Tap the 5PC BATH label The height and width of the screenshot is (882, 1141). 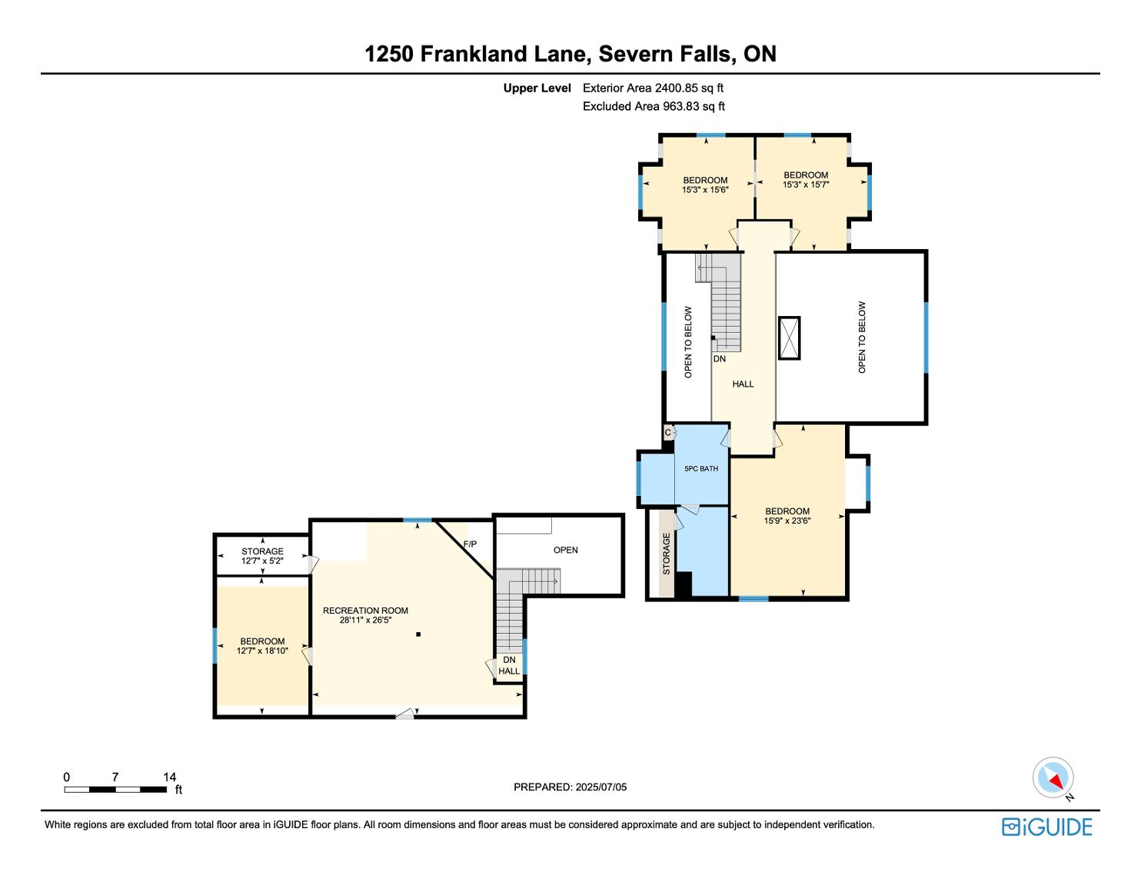click(701, 468)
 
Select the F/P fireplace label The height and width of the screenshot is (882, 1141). click(470, 544)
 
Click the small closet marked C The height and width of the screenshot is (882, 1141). click(668, 433)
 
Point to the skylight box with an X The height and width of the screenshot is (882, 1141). click(789, 338)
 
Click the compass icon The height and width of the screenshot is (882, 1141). click(1053, 777)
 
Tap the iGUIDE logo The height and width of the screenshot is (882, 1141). click(1047, 827)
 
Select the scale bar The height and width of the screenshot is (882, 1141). click(115, 790)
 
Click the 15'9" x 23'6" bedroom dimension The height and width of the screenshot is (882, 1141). click(787, 521)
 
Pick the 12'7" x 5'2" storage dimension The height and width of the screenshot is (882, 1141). click(262, 561)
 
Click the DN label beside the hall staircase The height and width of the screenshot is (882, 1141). click(720, 358)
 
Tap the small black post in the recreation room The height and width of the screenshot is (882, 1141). click(418, 634)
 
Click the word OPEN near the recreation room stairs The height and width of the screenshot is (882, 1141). click(566, 550)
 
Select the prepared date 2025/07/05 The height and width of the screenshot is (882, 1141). click(601, 787)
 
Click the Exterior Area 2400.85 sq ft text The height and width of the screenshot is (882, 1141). click(653, 88)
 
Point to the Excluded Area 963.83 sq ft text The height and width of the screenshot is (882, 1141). click(654, 106)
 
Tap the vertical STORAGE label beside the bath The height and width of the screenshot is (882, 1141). click(667, 554)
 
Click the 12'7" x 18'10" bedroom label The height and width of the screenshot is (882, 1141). click(262, 646)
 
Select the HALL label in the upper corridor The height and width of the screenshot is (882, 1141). click(743, 384)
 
